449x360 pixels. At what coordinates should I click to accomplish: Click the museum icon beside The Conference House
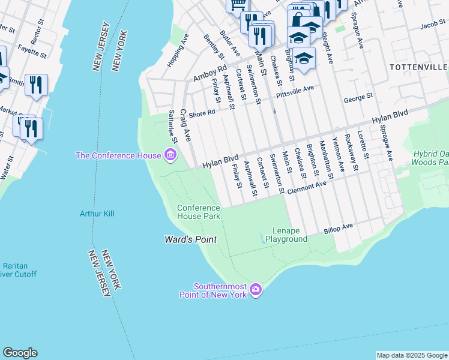(170, 156)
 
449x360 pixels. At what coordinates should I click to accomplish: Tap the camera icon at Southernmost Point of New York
(256, 290)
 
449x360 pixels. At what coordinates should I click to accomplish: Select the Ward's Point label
(190, 239)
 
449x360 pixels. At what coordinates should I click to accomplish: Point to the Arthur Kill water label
(97, 213)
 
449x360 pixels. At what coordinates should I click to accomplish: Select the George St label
(358, 95)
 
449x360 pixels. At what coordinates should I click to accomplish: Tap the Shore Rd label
(202, 113)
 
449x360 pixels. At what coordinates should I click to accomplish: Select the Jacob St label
(433, 26)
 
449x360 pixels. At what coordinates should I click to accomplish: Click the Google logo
(20, 353)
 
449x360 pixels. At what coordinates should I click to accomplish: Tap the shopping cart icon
(237, 4)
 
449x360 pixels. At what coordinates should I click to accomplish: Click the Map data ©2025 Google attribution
(411, 355)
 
